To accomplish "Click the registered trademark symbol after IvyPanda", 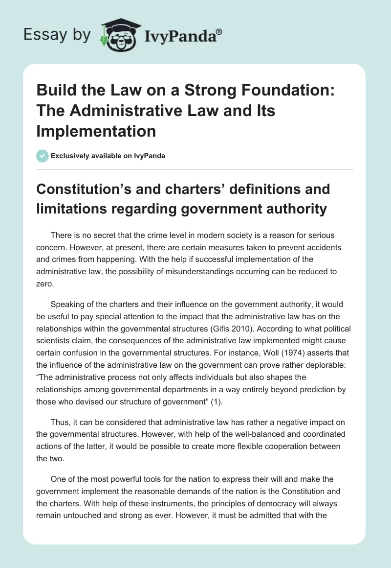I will pyautogui.click(x=219, y=32).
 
